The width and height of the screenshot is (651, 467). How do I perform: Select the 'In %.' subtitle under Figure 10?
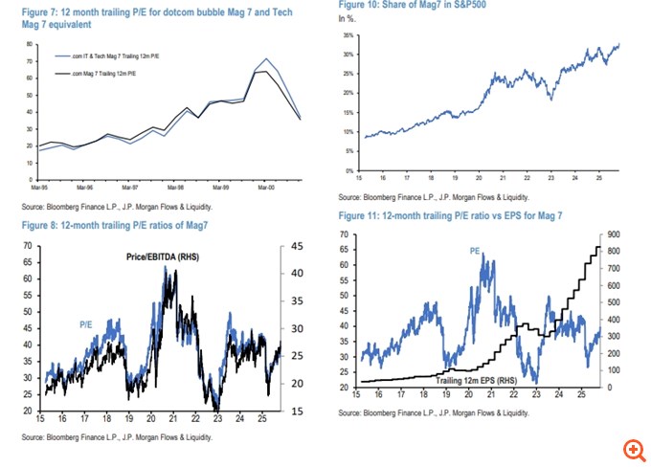tap(347, 19)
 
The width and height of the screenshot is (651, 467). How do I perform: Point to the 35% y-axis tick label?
tap(348, 34)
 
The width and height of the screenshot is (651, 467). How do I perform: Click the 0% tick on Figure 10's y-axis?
tap(350, 169)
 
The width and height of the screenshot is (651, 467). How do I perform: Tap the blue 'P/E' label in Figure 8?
tap(85, 325)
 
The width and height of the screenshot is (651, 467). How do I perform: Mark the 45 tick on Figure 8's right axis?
tap(297, 246)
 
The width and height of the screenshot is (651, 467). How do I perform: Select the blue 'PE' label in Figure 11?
tap(474, 251)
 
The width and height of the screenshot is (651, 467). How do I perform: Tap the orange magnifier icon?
tap(632, 449)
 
